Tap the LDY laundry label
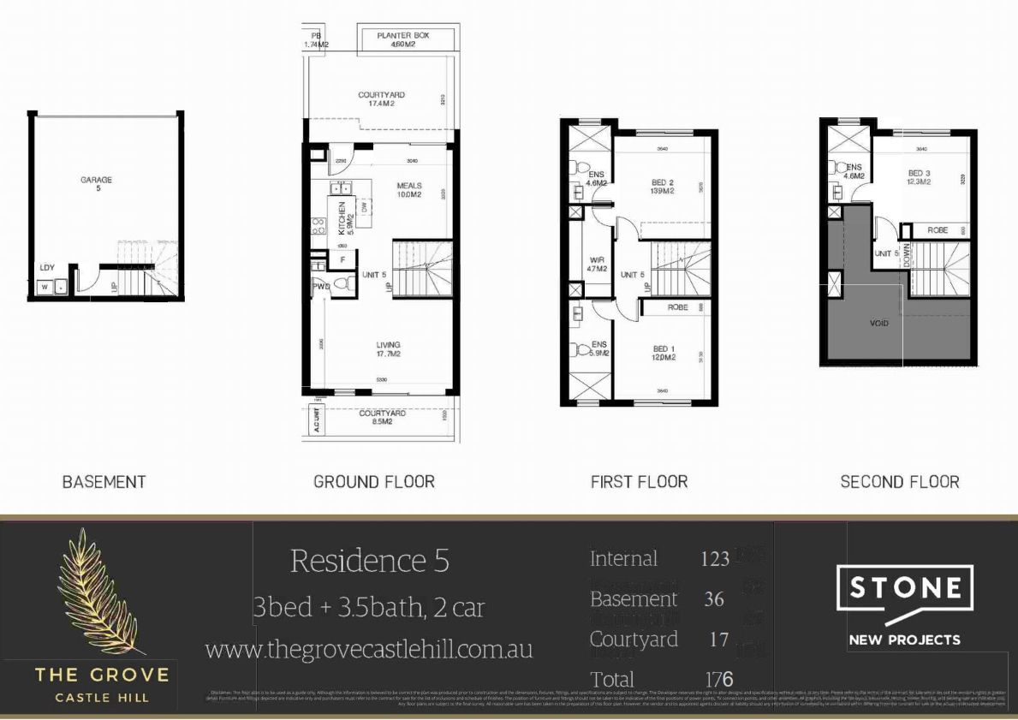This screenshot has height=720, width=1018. tap(47, 268)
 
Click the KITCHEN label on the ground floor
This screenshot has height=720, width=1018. tap(342, 219)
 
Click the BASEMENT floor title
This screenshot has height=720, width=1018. tap(104, 482)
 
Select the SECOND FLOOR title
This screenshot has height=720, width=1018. tap(899, 482)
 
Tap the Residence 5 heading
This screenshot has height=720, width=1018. tap(369, 561)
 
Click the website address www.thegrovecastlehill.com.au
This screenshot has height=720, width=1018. tap(369, 649)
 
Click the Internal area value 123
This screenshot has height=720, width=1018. tap(714, 560)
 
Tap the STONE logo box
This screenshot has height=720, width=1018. tap(904, 588)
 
